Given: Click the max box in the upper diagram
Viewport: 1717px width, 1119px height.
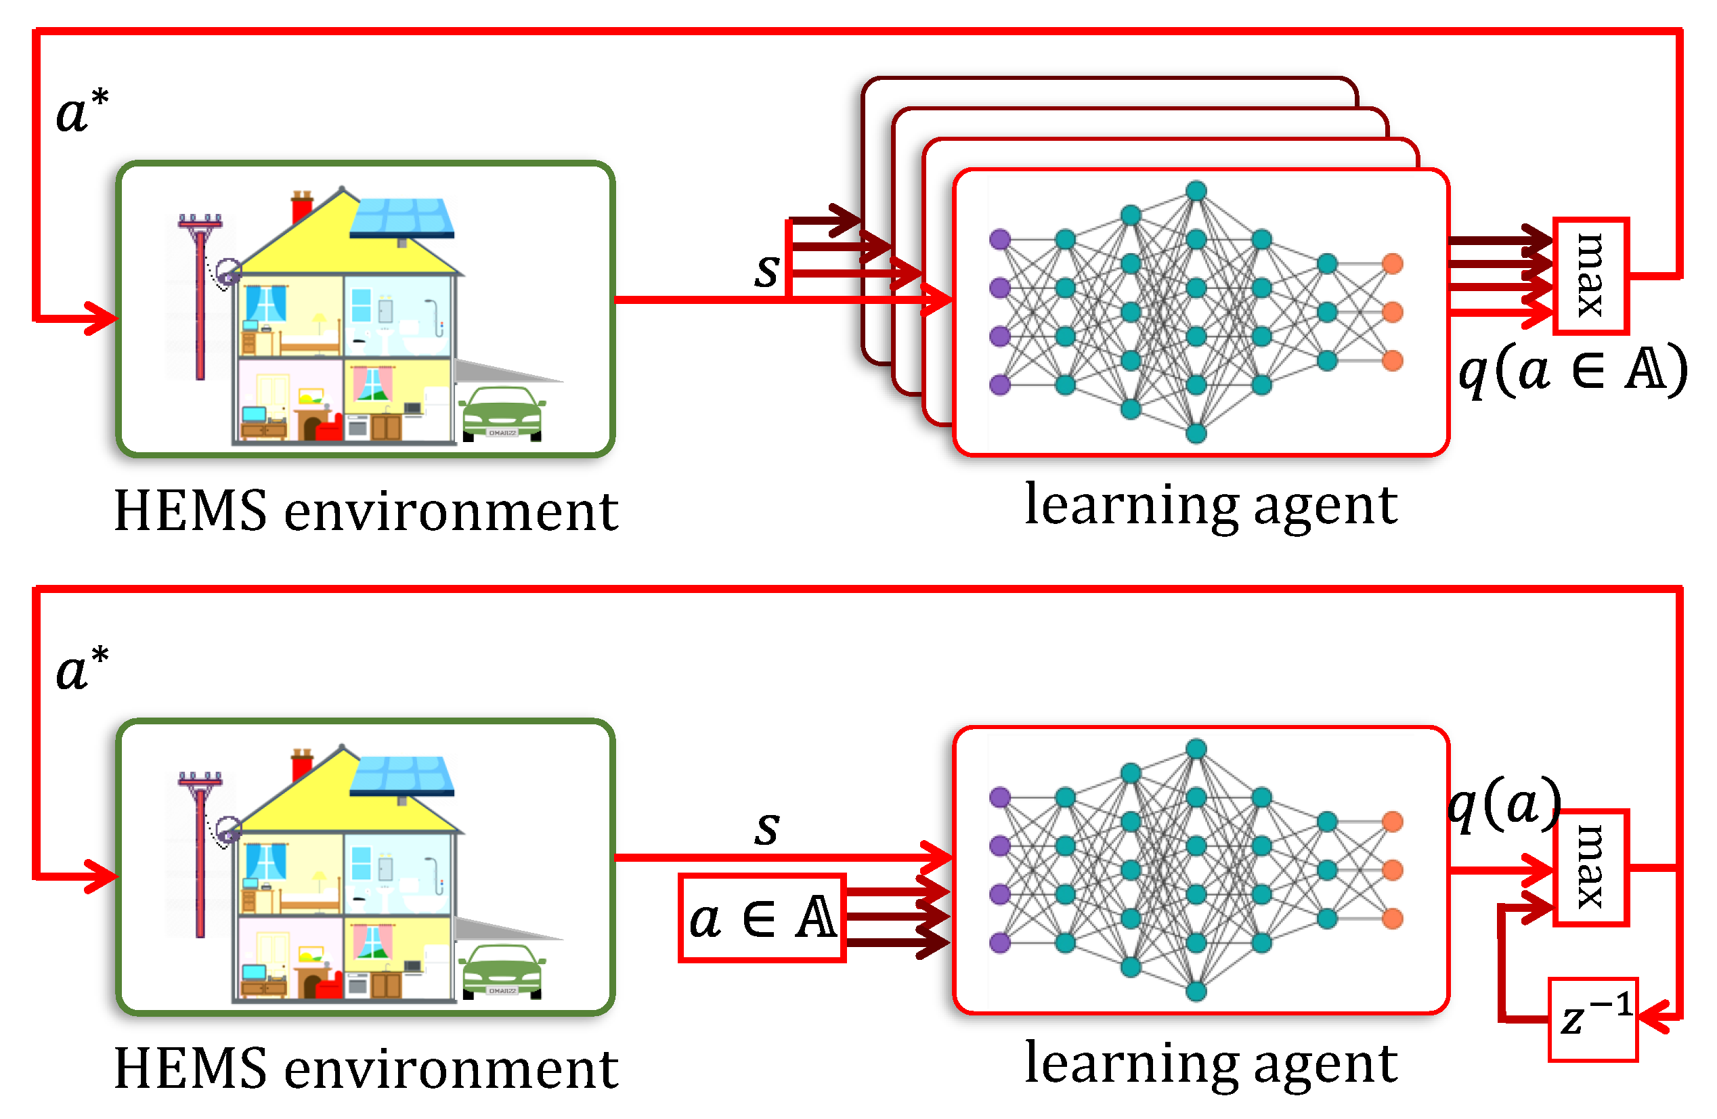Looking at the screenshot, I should point(1589,276).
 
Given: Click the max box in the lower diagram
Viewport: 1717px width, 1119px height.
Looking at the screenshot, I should point(1589,866).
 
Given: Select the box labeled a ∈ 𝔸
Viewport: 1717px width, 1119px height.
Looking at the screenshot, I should point(762,918).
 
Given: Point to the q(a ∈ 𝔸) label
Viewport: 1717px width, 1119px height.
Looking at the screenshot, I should point(1573,372).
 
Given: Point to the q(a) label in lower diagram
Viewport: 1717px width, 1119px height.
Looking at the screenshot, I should point(1504,803).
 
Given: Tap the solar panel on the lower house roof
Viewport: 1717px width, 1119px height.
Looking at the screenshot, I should point(403,775).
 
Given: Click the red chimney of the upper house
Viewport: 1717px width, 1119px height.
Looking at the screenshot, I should point(301,207).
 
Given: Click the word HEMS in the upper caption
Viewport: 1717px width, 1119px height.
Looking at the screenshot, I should point(190,511).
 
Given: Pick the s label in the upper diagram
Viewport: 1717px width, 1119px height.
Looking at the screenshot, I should point(766,270).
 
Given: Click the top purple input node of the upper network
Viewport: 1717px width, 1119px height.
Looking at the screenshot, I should point(1000,239).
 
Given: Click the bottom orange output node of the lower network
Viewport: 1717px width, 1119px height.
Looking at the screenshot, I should point(1393,919).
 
